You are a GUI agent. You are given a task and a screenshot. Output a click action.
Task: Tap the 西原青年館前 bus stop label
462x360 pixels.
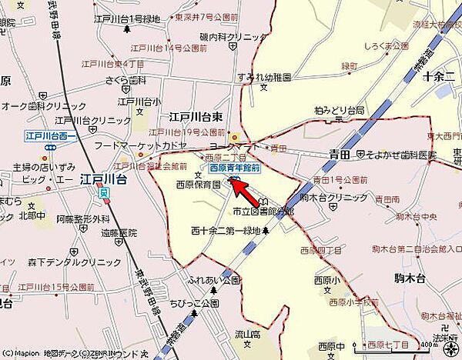tap(235, 168)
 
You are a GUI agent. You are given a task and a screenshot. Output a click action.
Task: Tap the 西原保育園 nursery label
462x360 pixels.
tap(198, 185)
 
